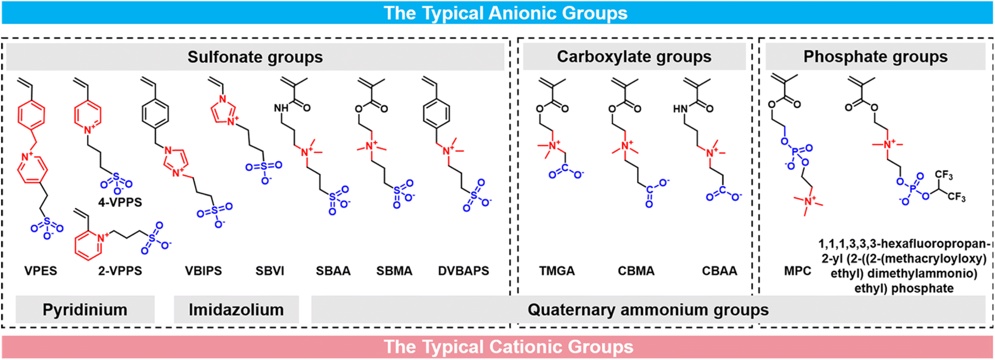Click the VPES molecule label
pyautogui.click(x=41, y=271)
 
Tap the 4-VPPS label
pyautogui.click(x=120, y=202)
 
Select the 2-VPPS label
pyautogui.click(x=120, y=271)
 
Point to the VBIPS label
pyautogui.click(x=204, y=271)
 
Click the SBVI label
pyautogui.click(x=270, y=271)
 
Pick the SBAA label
pyautogui.click(x=333, y=271)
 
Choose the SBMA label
pyautogui.click(x=394, y=271)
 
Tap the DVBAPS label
pyautogui.click(x=464, y=271)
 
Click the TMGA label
pyautogui.click(x=557, y=271)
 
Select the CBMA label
pyautogui.click(x=636, y=271)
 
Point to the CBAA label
pyautogui.click(x=720, y=271)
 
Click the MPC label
pyautogui.click(x=798, y=271)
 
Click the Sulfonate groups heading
pyautogui.click(x=255, y=57)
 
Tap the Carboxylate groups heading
pyautogui.click(x=634, y=57)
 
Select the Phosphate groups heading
pyautogui.click(x=875, y=57)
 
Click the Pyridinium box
pyautogui.click(x=85, y=310)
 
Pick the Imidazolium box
pyautogui.click(x=236, y=310)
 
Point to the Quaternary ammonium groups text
pyautogui.click(x=648, y=310)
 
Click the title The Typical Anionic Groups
pyautogui.click(x=506, y=13)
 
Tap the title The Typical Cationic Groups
pyautogui.click(x=509, y=347)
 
